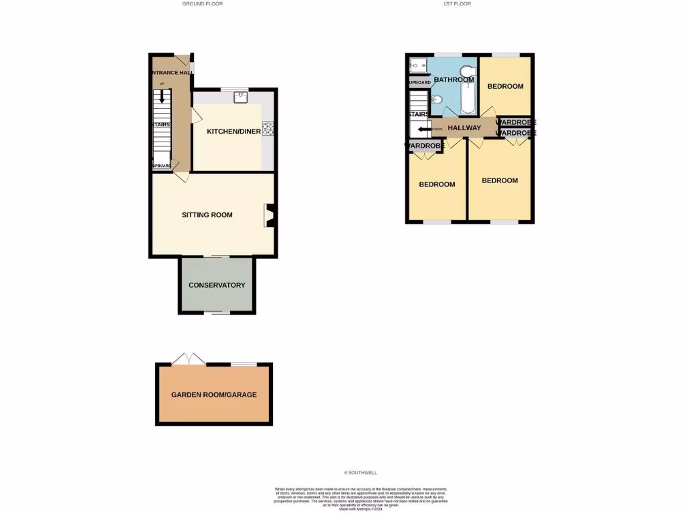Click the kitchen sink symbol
pyautogui.click(x=241, y=98)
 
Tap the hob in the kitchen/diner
pyautogui.click(x=269, y=128)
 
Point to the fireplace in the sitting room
pyautogui.click(x=269, y=216)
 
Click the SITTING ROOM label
pyautogui.click(x=207, y=215)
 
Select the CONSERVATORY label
pyautogui.click(x=217, y=285)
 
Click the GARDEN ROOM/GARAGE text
pyautogui.click(x=214, y=395)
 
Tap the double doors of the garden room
pyautogui.click(x=189, y=359)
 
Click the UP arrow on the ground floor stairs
pyautogui.click(x=161, y=95)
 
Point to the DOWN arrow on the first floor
pyautogui.click(x=424, y=130)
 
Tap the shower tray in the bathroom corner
pyautogui.click(x=419, y=65)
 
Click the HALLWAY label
pyautogui.click(x=464, y=128)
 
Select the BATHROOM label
pyautogui.click(x=454, y=80)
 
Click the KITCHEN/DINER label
pyautogui.click(x=233, y=132)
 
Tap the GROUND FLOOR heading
pyautogui.click(x=203, y=4)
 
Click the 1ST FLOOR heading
pyautogui.click(x=457, y=4)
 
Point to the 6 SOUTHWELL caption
pyautogui.click(x=361, y=473)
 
